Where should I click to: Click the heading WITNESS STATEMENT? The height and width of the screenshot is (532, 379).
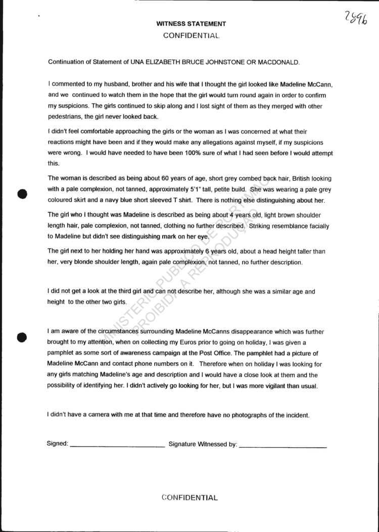[191, 24]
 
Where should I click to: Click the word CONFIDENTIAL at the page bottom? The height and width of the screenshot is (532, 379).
[189, 498]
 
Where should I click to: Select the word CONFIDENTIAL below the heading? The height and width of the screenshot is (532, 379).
[191, 36]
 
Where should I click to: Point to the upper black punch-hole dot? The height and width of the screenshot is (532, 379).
[22, 194]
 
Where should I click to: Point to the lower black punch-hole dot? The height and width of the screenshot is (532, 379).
[22, 337]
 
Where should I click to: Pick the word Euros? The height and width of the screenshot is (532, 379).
[185, 342]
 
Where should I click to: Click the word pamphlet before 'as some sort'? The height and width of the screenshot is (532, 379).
[63, 353]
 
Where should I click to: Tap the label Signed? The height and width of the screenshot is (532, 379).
[58, 444]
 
